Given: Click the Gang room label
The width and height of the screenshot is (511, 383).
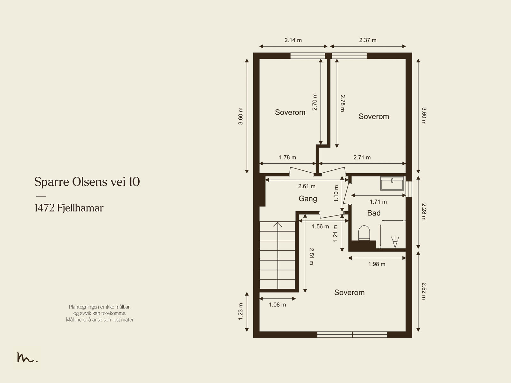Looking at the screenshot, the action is coord(308,199).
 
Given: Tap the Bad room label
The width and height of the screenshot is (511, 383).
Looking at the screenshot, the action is coord(374,213).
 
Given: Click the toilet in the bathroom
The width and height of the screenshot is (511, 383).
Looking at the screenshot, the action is coord(364,233).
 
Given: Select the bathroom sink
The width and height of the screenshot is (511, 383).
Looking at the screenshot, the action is coord(392,183).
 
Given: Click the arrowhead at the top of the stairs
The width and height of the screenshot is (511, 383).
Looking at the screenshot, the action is coord(278,224).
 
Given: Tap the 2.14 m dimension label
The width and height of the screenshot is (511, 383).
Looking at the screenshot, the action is coord(293,40).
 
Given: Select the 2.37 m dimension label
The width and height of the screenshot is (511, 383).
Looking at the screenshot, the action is coord(368,40).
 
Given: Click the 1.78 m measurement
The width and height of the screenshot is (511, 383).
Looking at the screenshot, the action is coord(287,158).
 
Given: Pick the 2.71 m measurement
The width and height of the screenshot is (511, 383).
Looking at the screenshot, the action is coord(362,158).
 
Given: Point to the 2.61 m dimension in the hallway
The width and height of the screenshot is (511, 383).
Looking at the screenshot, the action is coord(307,186).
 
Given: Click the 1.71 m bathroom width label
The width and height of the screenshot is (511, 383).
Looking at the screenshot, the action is coord(378,202).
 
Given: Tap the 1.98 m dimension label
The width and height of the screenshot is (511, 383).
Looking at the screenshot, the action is coord(377,264).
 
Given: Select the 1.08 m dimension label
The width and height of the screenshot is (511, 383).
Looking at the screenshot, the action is coord(277,305).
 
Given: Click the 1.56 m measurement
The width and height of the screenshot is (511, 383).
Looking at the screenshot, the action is coord(320,226).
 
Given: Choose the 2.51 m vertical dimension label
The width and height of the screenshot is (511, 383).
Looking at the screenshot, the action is coord(311,256).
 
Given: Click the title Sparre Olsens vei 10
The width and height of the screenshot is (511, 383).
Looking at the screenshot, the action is coord(87,182).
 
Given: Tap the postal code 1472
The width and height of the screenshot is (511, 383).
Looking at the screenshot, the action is coord(44,208).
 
